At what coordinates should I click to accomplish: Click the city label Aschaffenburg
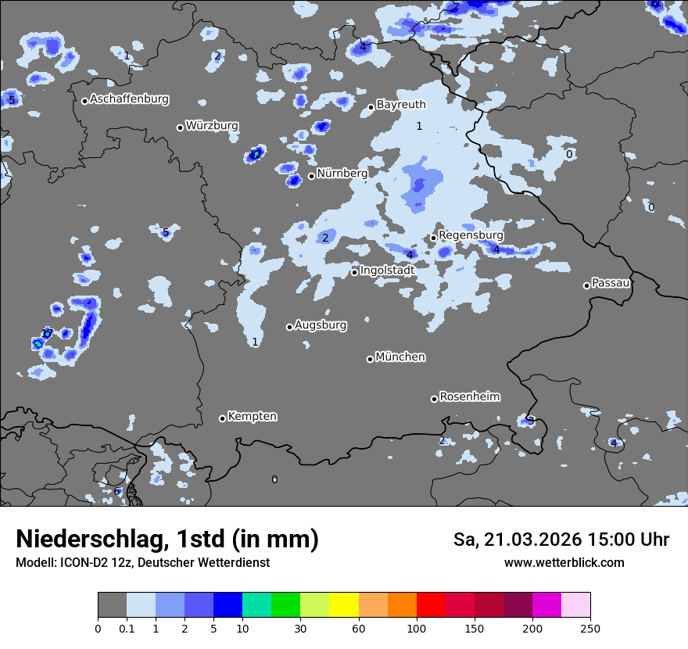coord(129,99)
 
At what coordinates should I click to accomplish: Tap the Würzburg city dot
coord(180,127)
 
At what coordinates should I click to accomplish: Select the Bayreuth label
coord(401,104)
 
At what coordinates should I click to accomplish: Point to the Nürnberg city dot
coord(311,176)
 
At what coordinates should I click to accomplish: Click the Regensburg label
coord(471,235)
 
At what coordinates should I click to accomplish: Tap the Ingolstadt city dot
coord(354,272)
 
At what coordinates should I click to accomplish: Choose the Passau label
coord(611,282)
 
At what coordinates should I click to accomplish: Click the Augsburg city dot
coord(289,327)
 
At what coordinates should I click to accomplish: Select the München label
coord(400,357)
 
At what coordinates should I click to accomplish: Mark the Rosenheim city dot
coord(434,400)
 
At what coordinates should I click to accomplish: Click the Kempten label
coord(252,416)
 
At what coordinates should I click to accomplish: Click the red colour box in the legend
coord(431,605)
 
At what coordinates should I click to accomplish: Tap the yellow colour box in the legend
coord(344,605)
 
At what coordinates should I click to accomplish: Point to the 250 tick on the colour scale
coord(590,628)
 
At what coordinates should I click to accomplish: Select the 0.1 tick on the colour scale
coord(127,628)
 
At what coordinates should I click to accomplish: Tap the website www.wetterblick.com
coord(564,562)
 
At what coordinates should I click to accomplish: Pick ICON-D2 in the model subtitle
coord(84,562)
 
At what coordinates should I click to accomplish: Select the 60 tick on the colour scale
coord(359,628)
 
